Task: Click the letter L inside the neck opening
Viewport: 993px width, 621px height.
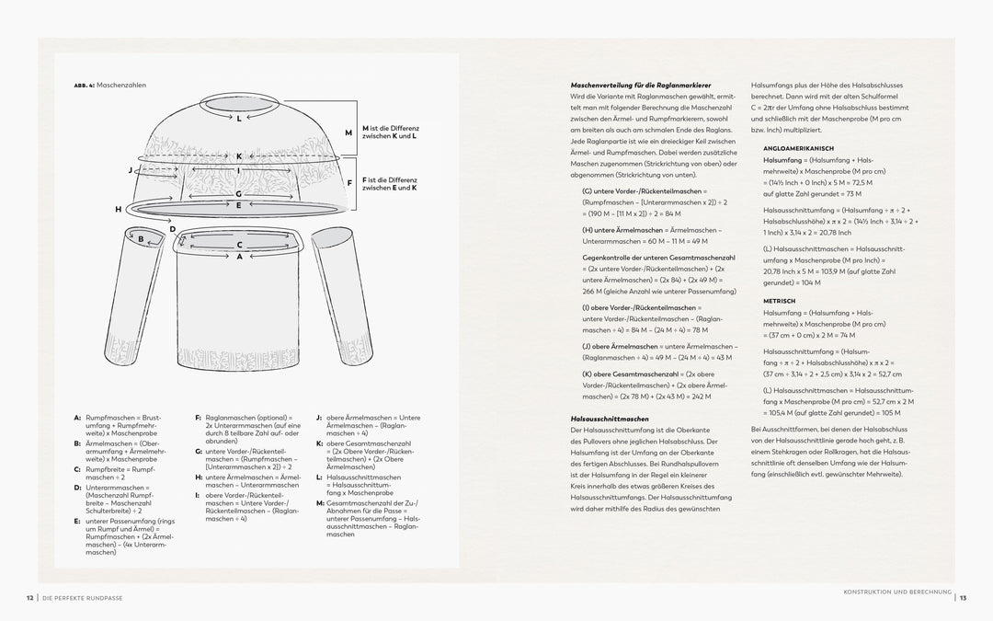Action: coord(238,119)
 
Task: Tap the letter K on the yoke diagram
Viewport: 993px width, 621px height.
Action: coord(238,156)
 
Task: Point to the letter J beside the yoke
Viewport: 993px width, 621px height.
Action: coord(130,170)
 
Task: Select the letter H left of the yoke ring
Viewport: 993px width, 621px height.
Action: coord(118,210)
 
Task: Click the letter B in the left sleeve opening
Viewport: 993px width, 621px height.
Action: coord(141,238)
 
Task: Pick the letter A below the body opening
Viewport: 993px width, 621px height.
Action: coord(239,257)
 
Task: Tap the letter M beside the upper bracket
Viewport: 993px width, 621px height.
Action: coord(348,132)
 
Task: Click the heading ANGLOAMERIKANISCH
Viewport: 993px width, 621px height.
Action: coord(797,148)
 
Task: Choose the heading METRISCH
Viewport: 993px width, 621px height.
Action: coord(780,301)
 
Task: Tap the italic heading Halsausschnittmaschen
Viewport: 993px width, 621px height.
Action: coord(610,420)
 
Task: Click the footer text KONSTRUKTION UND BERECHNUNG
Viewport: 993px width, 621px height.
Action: coord(896,592)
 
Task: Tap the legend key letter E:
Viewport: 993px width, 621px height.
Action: coord(77,521)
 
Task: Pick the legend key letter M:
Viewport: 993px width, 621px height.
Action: coord(320,502)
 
